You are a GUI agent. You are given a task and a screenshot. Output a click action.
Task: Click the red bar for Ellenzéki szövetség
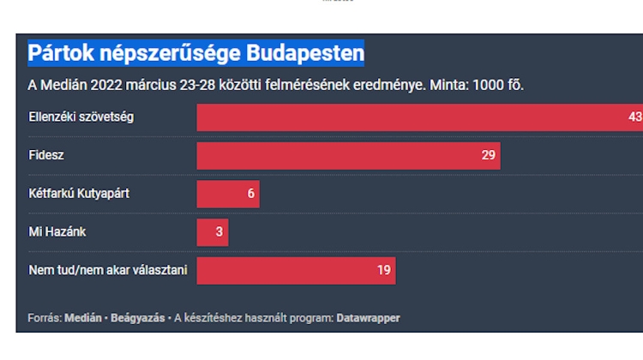pyautogui.click(x=412, y=117)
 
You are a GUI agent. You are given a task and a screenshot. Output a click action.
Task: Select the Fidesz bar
pyautogui.click(x=343, y=156)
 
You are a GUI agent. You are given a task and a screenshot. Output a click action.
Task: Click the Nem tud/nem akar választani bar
pyautogui.click(x=291, y=271)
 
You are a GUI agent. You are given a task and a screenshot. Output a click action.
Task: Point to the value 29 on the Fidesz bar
pyautogui.click(x=489, y=156)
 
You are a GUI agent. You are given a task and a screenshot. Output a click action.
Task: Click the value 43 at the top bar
pyautogui.click(x=634, y=117)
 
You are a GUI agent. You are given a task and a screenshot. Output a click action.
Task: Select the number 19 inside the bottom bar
pyautogui.click(x=384, y=271)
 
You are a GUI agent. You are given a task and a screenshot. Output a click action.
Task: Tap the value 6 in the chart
pyautogui.click(x=251, y=194)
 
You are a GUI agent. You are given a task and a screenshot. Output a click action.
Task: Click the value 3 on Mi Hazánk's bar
pyautogui.click(x=219, y=232)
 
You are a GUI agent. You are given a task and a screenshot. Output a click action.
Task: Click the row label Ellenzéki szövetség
pyautogui.click(x=81, y=117)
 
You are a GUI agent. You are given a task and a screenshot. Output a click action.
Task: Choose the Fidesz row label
pyautogui.click(x=46, y=156)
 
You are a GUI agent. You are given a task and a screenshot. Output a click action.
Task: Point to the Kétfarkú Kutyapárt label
pyautogui.click(x=79, y=194)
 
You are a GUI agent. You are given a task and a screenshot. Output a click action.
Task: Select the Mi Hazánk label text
pyautogui.click(x=57, y=232)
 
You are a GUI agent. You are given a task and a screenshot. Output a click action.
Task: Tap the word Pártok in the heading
pyautogui.click(x=59, y=53)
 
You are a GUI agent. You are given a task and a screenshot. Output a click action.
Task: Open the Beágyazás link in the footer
pyautogui.click(x=140, y=318)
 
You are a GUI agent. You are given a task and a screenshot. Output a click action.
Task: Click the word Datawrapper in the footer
pyautogui.click(x=368, y=318)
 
